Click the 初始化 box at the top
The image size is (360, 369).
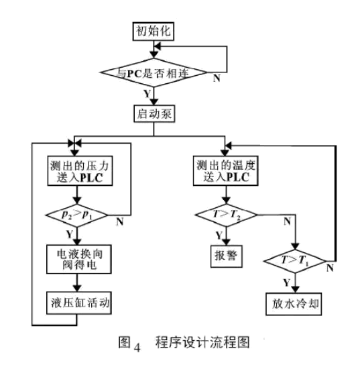click(x=154, y=32)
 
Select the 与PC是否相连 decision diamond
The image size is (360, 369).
click(x=154, y=72)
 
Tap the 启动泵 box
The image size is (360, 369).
click(x=154, y=113)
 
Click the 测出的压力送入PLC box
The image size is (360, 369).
click(x=80, y=171)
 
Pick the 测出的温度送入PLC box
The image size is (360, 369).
click(x=226, y=171)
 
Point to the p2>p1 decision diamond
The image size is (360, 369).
click(x=76, y=215)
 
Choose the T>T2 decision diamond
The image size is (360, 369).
click(x=226, y=215)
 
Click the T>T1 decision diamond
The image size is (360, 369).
click(x=295, y=261)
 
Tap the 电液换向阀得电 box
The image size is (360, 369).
click(x=79, y=260)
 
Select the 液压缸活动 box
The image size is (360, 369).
click(x=79, y=303)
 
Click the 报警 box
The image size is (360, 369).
click(x=226, y=256)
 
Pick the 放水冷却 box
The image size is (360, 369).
click(x=294, y=304)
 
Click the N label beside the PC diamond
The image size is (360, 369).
click(x=217, y=78)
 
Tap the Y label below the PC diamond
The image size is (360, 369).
click(x=147, y=94)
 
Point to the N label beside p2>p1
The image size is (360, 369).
click(x=120, y=221)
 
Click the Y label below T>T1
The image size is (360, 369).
click(x=286, y=282)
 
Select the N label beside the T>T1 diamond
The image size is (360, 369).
click(x=330, y=268)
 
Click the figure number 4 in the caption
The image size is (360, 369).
click(x=137, y=348)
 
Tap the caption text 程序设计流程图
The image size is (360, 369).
click(x=202, y=342)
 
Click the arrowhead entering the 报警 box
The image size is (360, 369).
click(x=226, y=242)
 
